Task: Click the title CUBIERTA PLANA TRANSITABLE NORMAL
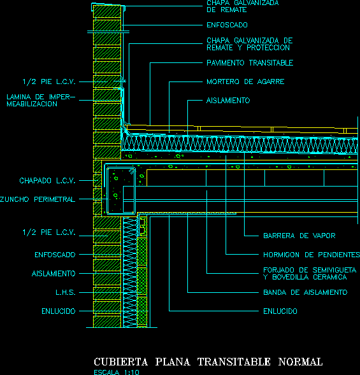208,362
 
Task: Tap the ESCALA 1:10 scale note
117,372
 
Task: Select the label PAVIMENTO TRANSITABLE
250,63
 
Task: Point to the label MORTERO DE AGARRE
245,81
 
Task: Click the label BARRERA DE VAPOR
299,236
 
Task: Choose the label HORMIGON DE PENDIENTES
312,255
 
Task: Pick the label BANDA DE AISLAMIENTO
305,292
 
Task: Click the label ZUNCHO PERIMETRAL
38,199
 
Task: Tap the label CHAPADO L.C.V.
47,181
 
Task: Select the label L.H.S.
66,292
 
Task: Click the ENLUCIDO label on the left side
59,311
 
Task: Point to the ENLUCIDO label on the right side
280,311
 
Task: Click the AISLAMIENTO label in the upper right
228,101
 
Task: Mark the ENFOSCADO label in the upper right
227,25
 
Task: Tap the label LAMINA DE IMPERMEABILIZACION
41,101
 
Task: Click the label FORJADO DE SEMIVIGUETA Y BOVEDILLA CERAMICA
310,274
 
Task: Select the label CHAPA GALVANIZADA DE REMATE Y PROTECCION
250,44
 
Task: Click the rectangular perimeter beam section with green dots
121,190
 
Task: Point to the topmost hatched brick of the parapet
107,11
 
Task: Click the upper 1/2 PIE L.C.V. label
49,81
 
